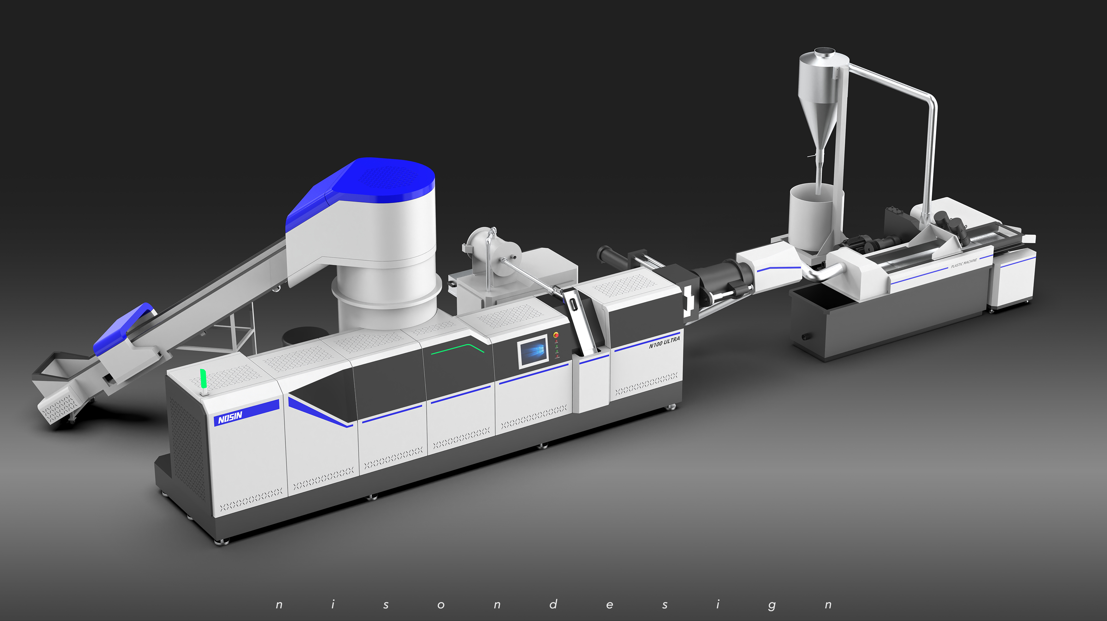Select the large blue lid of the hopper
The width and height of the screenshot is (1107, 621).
[x=378, y=181]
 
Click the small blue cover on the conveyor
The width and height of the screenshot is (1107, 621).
[x=125, y=327]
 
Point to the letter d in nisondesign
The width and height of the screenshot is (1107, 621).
[x=553, y=604]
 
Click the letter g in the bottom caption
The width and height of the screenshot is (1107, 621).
[x=772, y=606]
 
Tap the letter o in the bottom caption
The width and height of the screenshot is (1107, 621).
[x=441, y=605]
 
